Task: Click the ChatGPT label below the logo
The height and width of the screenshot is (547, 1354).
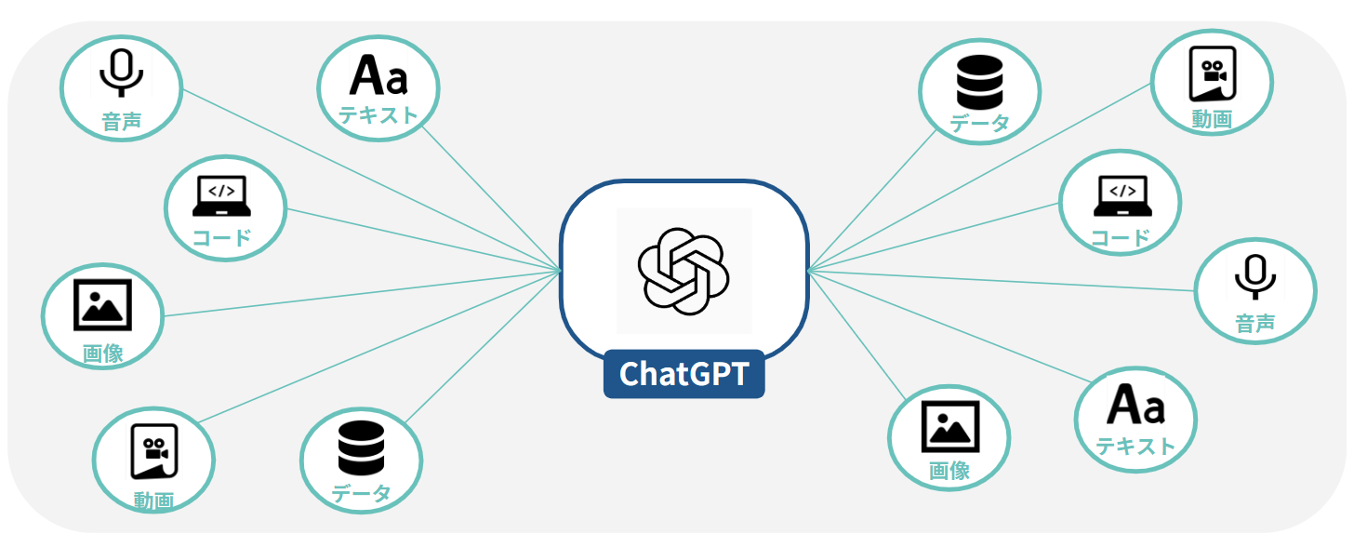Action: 684,374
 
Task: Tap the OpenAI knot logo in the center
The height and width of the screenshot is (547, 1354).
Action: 684,270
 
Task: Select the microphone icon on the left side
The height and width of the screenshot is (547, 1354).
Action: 121,73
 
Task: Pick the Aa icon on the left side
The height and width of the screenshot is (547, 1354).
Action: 378,75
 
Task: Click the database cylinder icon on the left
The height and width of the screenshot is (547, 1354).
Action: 361,448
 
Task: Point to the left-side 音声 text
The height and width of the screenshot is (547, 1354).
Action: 122,121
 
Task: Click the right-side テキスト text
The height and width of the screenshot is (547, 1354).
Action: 1135,447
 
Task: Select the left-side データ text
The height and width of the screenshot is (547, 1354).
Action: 361,493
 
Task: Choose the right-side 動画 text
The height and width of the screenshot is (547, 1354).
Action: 1212,119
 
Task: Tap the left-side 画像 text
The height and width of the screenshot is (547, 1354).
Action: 102,354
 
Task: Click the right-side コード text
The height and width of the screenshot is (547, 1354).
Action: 1121,237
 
